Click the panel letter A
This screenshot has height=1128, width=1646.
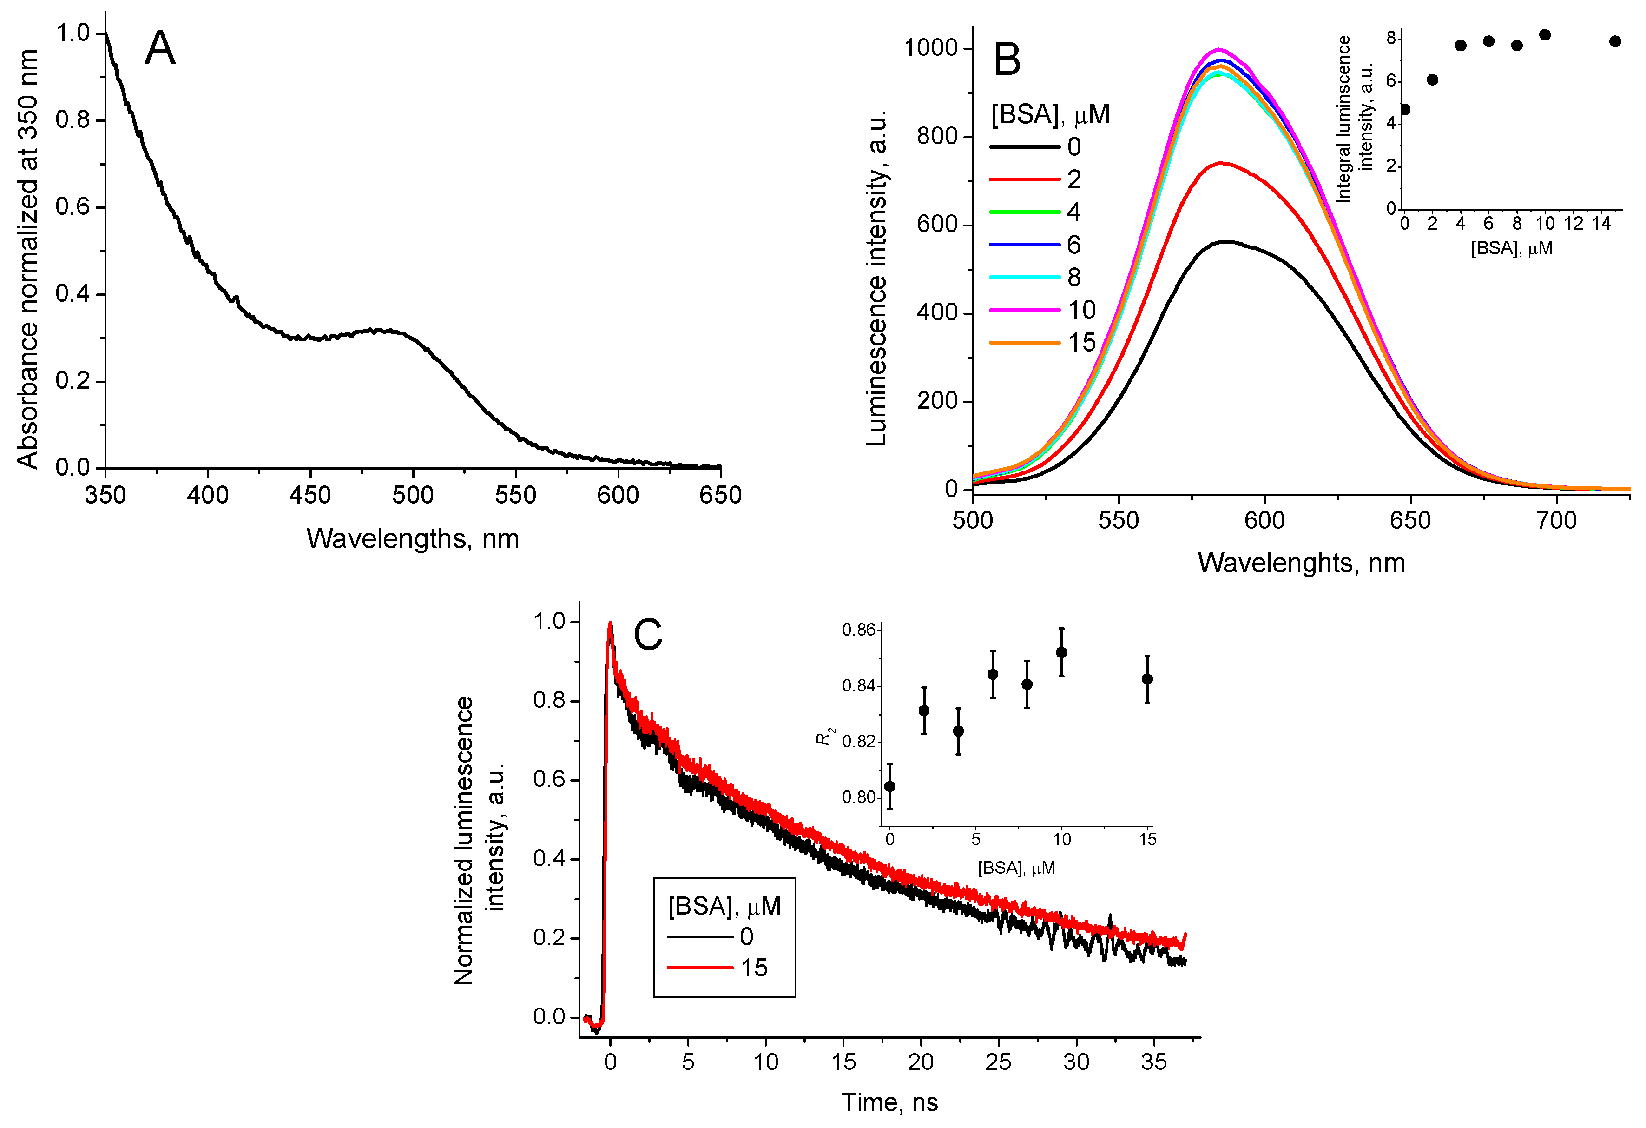(159, 49)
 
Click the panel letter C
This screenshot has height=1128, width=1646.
(647, 634)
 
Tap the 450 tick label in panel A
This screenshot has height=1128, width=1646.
(310, 495)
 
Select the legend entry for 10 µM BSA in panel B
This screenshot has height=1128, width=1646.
(1081, 310)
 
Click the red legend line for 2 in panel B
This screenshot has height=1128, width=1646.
(1024, 179)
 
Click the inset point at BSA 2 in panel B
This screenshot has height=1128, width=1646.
(1432, 80)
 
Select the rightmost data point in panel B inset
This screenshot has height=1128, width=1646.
(1615, 41)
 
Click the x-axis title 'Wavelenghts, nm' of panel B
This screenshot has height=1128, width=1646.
(1301, 563)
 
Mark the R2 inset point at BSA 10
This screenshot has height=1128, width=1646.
(1061, 652)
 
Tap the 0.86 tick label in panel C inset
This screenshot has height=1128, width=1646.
(858, 630)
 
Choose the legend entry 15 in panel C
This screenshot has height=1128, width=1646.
(754, 968)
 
